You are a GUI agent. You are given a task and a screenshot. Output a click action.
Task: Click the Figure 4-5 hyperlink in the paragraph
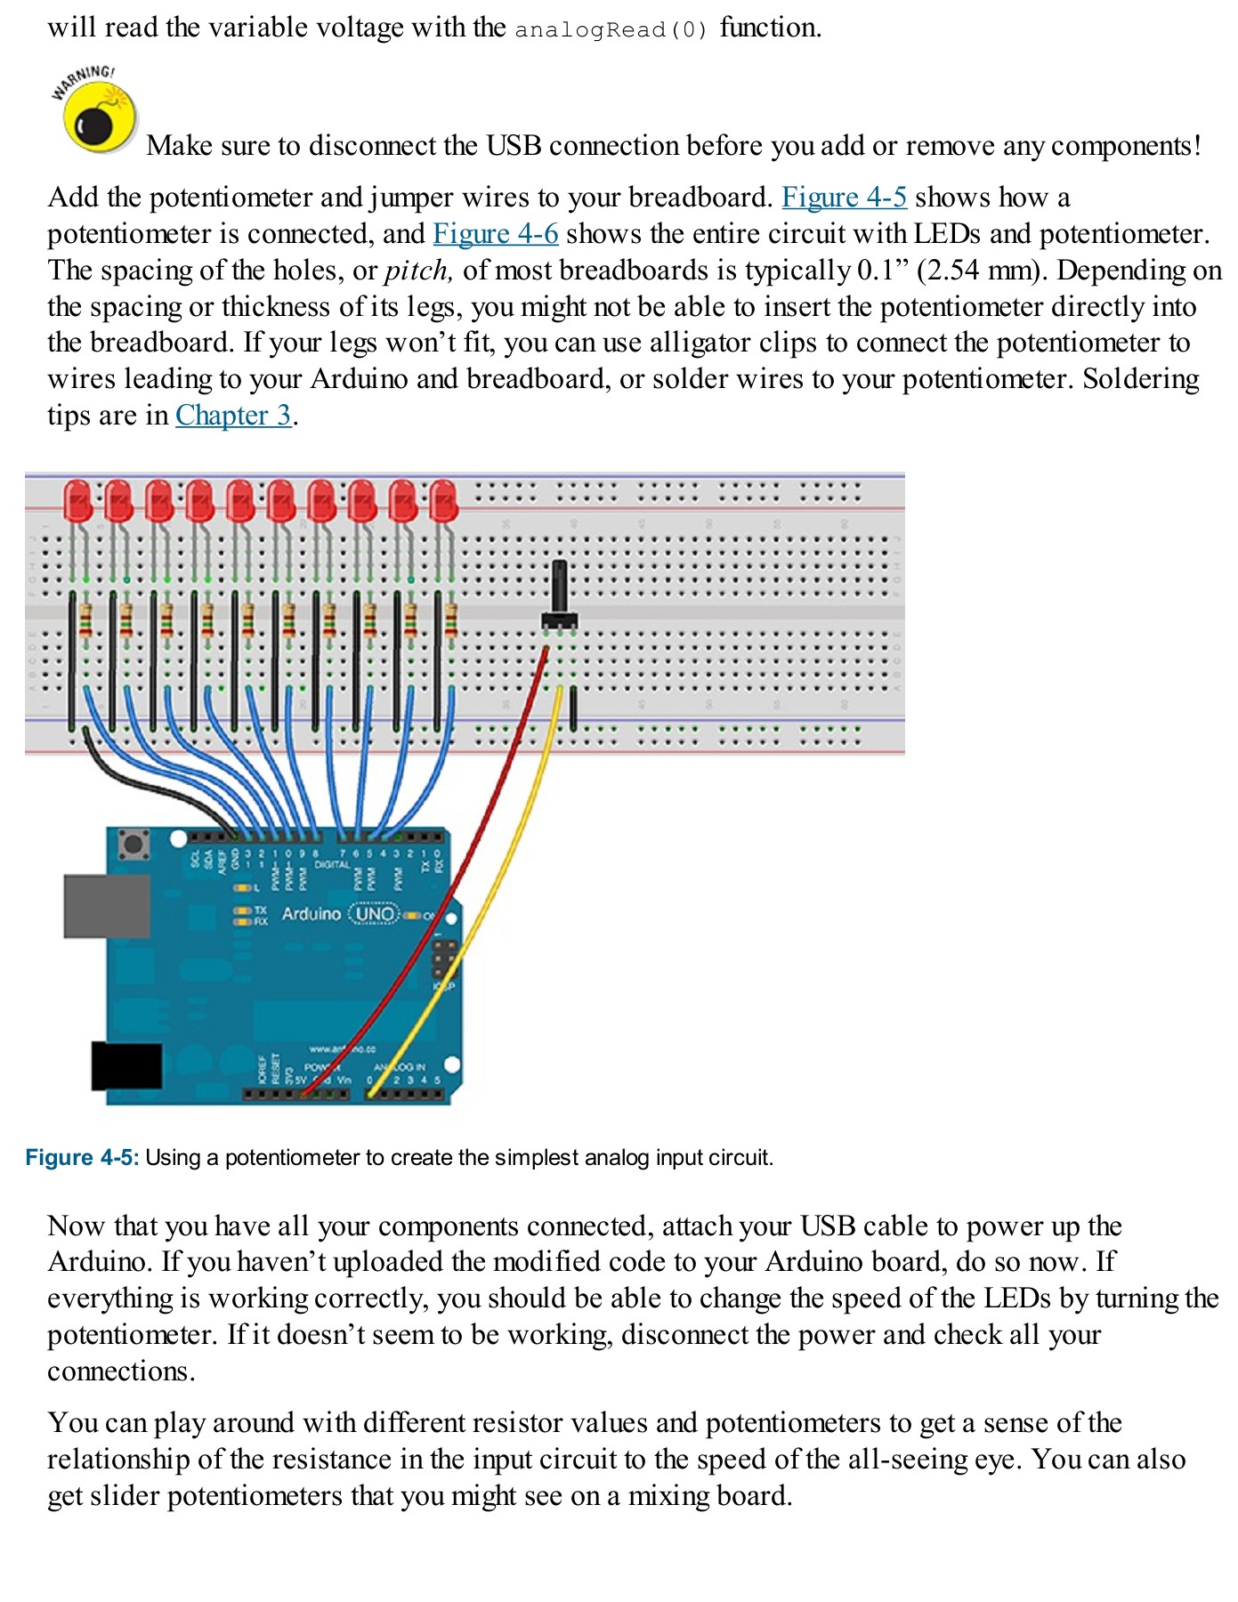pos(844,197)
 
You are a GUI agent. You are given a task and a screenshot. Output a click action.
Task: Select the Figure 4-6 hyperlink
pos(495,233)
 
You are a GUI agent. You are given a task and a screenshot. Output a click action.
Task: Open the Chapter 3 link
pos(233,415)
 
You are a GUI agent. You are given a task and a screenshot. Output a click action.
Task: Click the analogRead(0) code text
pos(611,29)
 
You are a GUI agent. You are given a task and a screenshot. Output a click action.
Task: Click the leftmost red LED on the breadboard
pos(78,501)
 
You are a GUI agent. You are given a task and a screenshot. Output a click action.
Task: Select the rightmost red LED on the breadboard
pos(443,501)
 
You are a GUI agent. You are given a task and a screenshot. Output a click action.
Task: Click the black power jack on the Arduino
pos(126,1065)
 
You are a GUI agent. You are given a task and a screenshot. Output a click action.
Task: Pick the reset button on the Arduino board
pos(134,843)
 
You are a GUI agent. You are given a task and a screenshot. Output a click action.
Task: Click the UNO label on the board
pos(375,914)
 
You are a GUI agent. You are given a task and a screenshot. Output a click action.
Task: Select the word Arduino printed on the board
pos(311,914)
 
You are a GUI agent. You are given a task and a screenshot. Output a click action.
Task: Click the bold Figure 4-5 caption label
pos(82,1157)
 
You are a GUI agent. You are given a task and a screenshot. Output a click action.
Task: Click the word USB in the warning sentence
pos(513,145)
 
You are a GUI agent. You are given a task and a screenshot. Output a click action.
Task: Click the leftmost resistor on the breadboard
pos(85,619)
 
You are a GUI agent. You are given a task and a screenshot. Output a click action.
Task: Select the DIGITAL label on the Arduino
pos(332,864)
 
